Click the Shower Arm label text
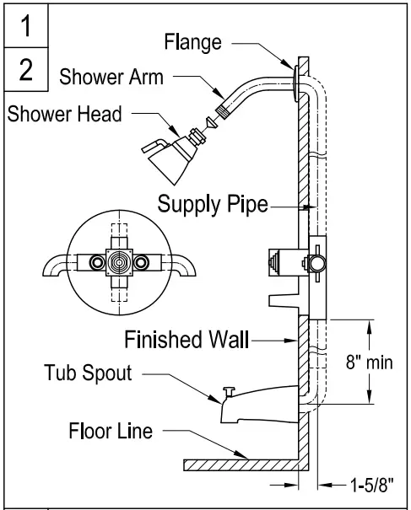click(113, 77)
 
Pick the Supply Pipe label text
click(213, 204)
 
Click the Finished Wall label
click(187, 341)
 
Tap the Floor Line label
click(111, 432)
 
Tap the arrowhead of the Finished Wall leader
click(295, 341)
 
